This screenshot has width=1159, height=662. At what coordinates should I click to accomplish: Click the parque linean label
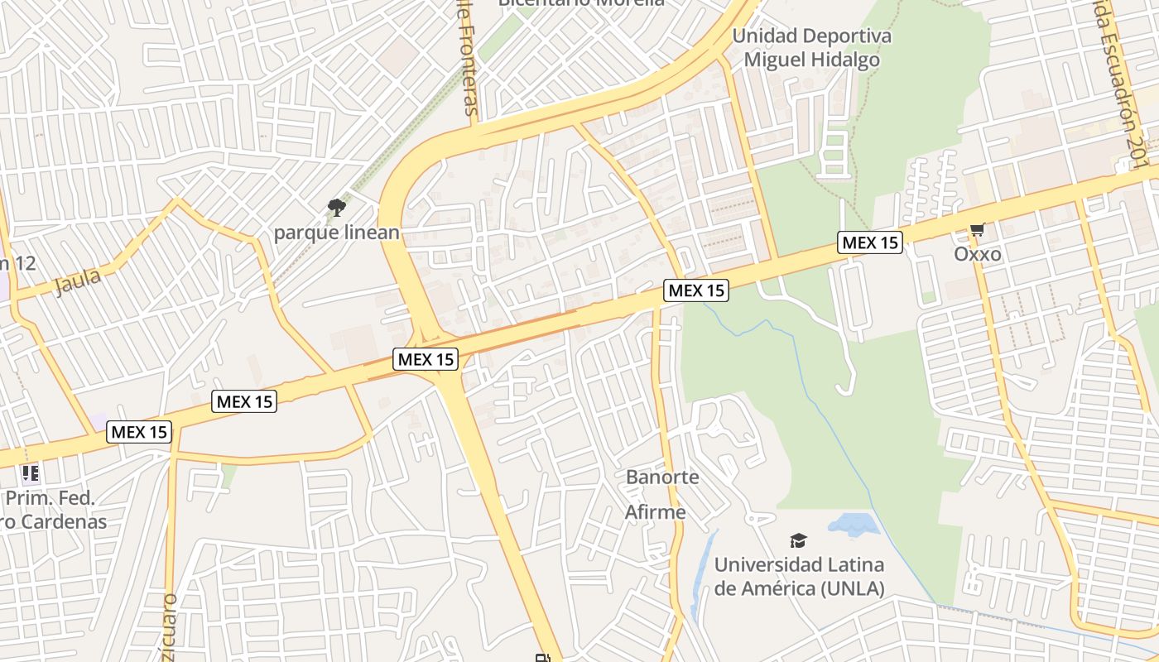click(x=336, y=233)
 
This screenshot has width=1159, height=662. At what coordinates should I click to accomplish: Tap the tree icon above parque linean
click(x=336, y=208)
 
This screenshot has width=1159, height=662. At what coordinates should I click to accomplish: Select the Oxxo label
click(x=977, y=254)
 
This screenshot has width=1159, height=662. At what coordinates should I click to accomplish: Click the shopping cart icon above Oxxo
click(x=977, y=229)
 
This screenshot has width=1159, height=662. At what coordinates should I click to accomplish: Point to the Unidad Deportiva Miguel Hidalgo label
click(x=811, y=48)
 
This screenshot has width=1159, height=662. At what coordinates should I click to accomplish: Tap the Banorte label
click(x=662, y=477)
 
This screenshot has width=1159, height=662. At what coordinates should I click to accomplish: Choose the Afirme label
click(x=655, y=512)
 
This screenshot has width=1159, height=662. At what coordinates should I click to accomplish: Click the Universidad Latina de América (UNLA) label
click(x=799, y=577)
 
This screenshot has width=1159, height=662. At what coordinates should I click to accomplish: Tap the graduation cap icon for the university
click(x=798, y=541)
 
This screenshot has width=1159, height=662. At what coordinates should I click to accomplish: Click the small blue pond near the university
click(x=854, y=524)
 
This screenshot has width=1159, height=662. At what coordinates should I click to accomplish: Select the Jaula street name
click(x=77, y=281)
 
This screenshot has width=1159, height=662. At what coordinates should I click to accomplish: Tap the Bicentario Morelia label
click(x=580, y=3)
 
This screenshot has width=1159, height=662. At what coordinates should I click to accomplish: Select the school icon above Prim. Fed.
click(x=31, y=474)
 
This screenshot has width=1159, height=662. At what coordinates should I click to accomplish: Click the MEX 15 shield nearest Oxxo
click(x=869, y=242)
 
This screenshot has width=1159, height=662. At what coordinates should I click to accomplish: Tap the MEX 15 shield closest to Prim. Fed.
click(x=139, y=431)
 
